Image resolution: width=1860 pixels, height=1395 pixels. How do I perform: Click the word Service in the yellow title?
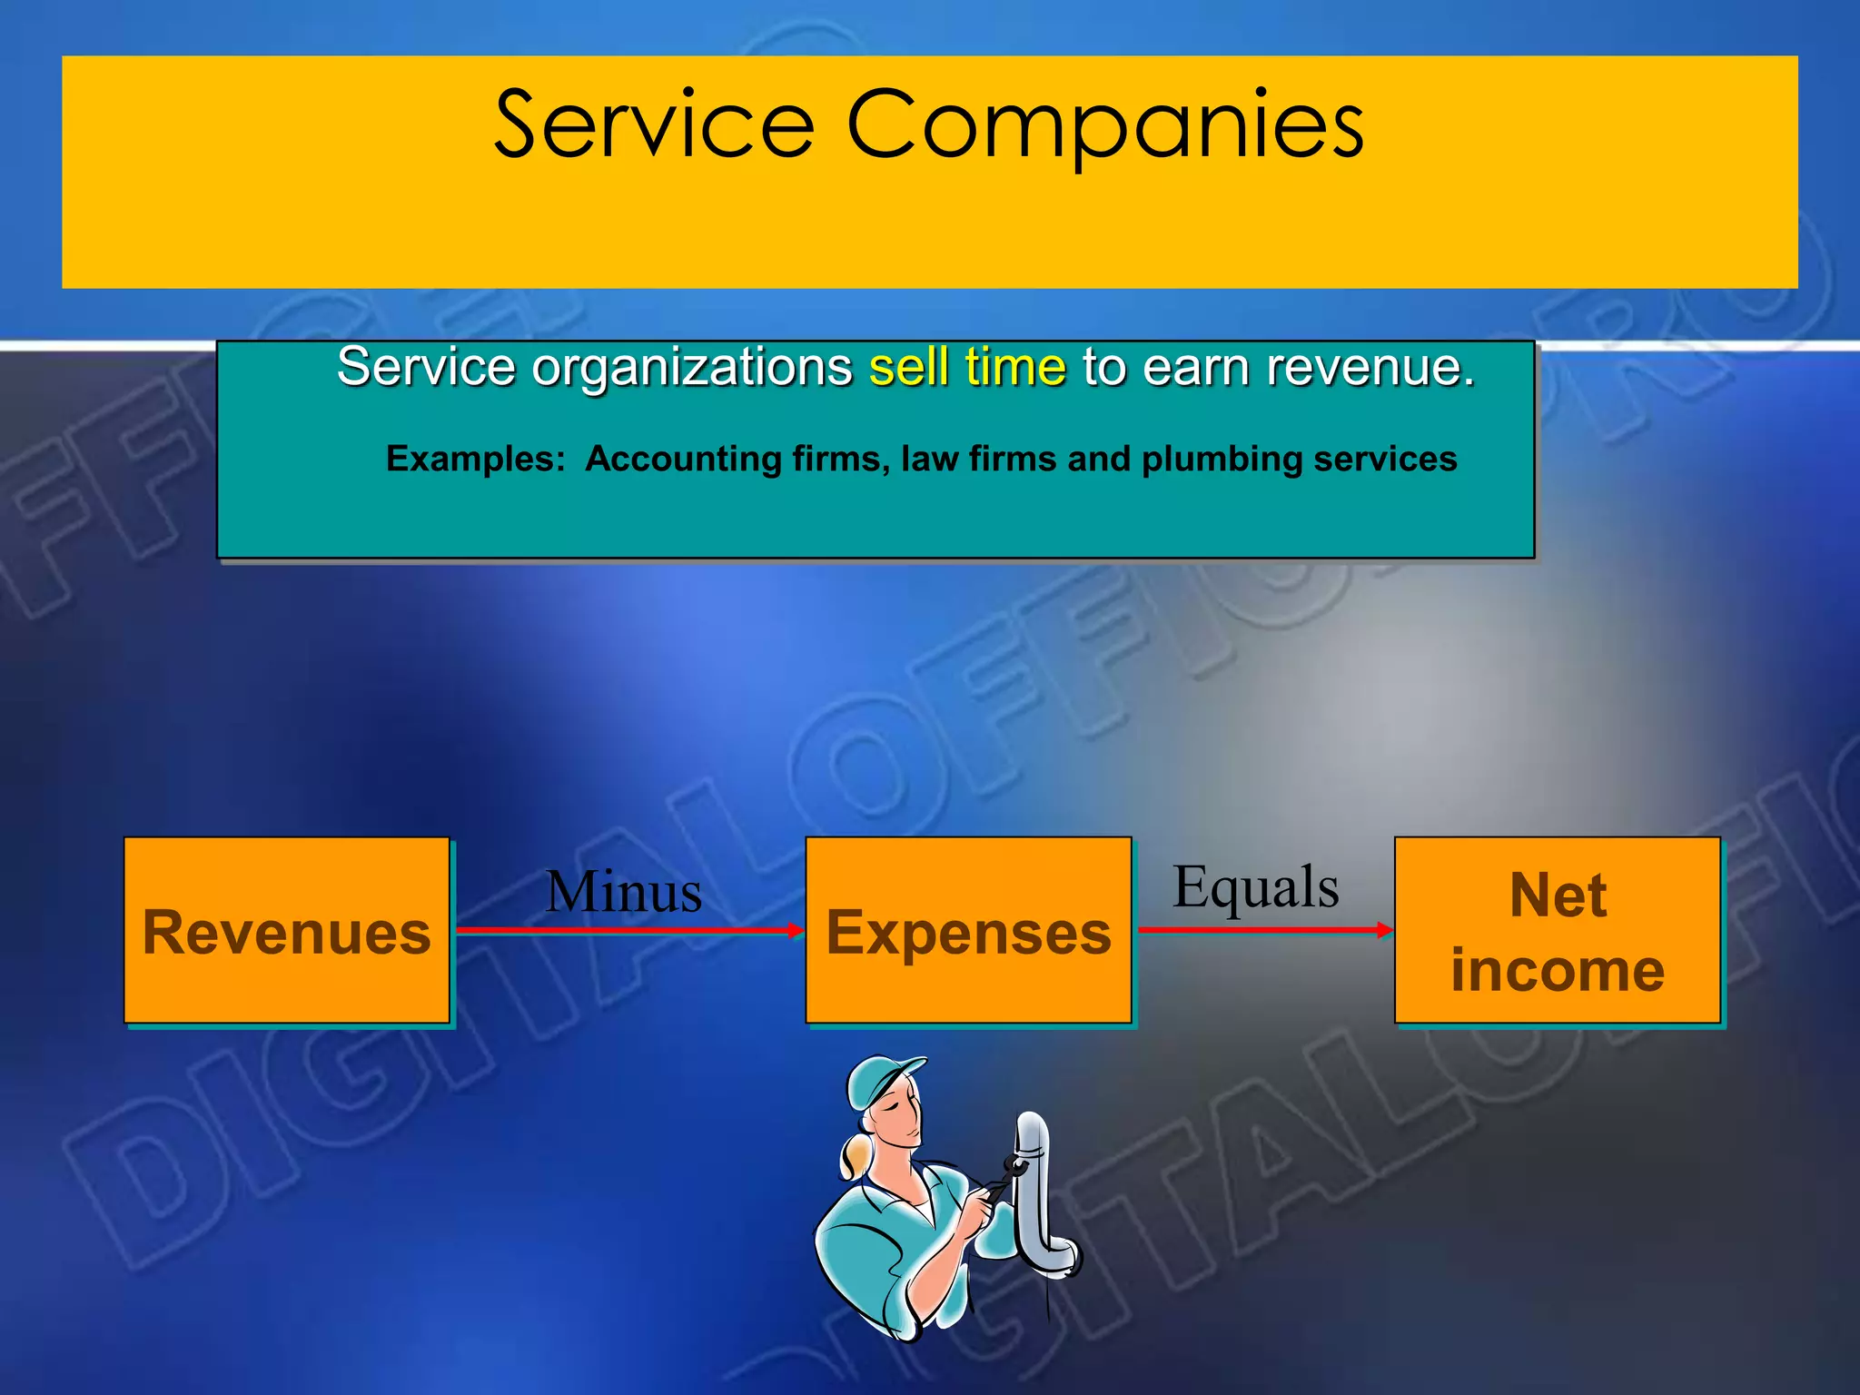(x=654, y=125)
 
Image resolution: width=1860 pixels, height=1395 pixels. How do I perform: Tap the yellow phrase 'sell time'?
(x=967, y=368)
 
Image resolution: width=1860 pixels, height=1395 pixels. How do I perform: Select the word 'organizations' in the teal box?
(x=691, y=369)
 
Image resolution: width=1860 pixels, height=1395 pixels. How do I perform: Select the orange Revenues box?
(x=287, y=931)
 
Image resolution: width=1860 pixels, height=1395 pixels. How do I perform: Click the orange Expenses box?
(x=968, y=931)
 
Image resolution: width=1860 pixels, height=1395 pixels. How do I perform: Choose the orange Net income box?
(x=1558, y=931)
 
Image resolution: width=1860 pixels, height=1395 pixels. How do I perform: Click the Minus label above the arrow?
(x=624, y=892)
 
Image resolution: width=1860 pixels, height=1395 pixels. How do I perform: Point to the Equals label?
(x=1256, y=887)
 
